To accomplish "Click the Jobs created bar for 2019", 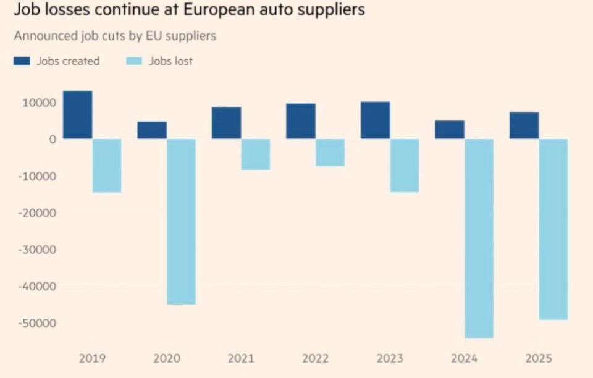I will click(x=78, y=115).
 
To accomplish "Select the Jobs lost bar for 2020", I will click(x=181, y=221).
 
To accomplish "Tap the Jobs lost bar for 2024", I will click(x=479, y=238).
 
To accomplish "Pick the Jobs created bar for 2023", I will click(x=376, y=120).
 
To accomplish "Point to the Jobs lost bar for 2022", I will click(x=330, y=153).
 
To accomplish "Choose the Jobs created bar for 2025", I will click(x=524, y=125).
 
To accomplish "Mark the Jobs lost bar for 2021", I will click(x=255, y=154).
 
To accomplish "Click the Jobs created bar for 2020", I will click(x=152, y=130).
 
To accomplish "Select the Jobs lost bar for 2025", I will click(x=553, y=229).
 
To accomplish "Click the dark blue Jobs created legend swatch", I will click(x=22, y=61).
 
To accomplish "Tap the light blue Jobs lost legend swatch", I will click(x=134, y=61).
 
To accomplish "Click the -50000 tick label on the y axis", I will click(x=38, y=323).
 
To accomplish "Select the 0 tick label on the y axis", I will click(x=53, y=139).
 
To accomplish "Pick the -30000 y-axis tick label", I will click(x=38, y=250).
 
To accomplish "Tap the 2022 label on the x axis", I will click(x=315, y=358).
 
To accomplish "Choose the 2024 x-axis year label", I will click(x=464, y=358).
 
